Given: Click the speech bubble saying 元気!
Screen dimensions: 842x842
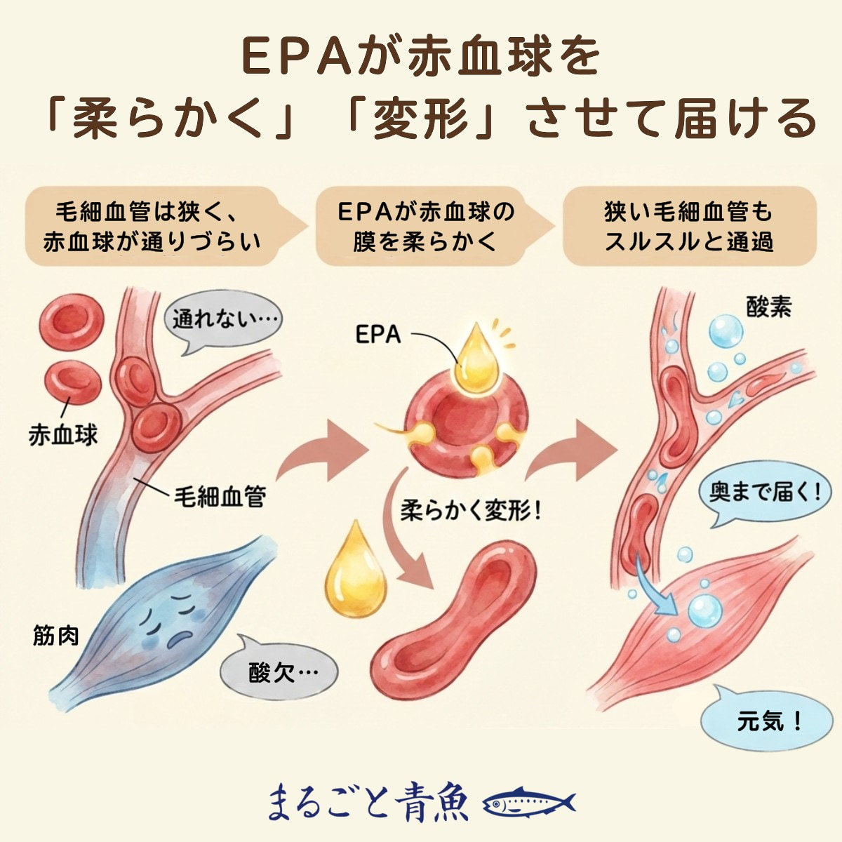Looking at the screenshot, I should [768, 721].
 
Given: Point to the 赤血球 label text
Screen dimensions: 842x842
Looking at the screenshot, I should [62, 435].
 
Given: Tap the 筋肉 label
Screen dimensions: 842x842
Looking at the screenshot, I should [56, 635].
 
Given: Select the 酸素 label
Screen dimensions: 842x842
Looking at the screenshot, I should [768, 307].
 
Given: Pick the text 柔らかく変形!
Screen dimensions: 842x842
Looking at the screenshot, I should [472, 510].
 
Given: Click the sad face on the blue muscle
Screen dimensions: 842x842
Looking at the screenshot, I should [172, 617].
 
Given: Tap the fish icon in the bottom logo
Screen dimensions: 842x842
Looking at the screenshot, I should [530, 801].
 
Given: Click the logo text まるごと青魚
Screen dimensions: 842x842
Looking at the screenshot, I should [368, 801].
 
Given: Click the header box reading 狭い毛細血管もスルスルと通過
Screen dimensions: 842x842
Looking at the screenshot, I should [689, 226].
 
